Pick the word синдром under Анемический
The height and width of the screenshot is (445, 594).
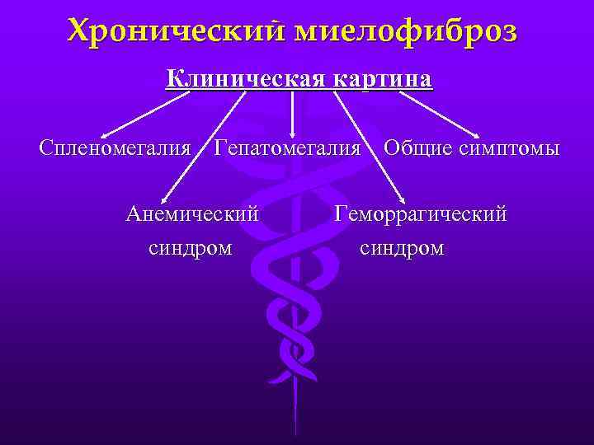[x=191, y=247]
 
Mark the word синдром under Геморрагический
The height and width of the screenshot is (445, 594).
[x=403, y=247]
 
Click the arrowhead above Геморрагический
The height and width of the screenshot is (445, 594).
[x=402, y=199]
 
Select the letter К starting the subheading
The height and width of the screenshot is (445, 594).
[x=174, y=79]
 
